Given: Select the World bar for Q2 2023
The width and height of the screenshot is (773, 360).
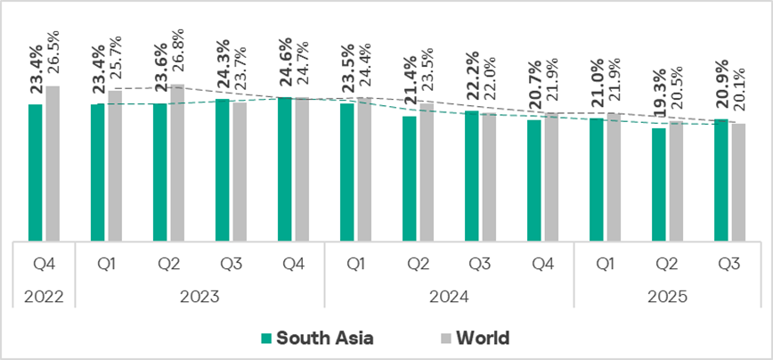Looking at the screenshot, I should tap(177, 162).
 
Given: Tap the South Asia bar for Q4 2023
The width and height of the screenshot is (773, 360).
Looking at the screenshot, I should tap(284, 168).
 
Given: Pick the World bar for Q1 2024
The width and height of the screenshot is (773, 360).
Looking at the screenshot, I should tap(364, 169).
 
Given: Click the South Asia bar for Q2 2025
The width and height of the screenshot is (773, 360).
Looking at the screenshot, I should tap(658, 184).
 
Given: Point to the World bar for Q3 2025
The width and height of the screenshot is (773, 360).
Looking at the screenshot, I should tap(738, 182).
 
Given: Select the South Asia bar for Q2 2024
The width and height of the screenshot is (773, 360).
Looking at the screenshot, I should tap(409, 178).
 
